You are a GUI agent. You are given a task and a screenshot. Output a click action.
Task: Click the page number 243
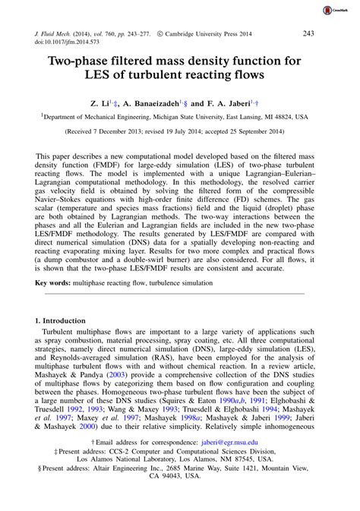click(308, 34)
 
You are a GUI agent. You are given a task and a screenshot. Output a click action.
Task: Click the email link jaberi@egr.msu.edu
click(229, 462)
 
